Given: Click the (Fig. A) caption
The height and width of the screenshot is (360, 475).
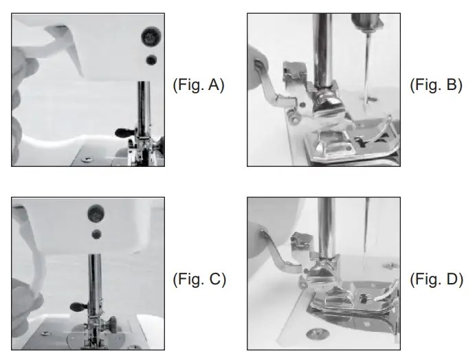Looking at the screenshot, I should click(198, 87).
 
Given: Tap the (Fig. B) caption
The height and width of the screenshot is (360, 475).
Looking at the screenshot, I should click(436, 86).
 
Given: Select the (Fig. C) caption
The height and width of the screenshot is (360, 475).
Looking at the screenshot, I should click(198, 280).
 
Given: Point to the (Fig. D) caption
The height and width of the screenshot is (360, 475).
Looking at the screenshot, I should click(436, 280).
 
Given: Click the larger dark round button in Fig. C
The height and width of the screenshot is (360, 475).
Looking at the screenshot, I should click(94, 211).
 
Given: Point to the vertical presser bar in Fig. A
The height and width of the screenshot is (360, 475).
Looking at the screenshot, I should click(144, 110).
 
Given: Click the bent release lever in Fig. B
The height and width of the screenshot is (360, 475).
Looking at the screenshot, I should click(276, 89).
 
